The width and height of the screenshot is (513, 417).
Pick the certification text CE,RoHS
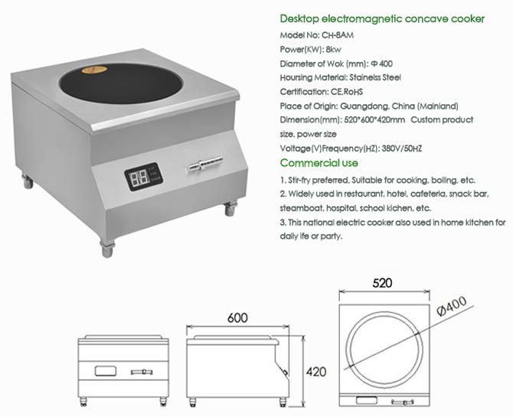click(346, 92)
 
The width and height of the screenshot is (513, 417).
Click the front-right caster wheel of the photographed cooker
click(228, 207)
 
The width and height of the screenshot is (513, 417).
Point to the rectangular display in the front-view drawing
click(106, 371)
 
